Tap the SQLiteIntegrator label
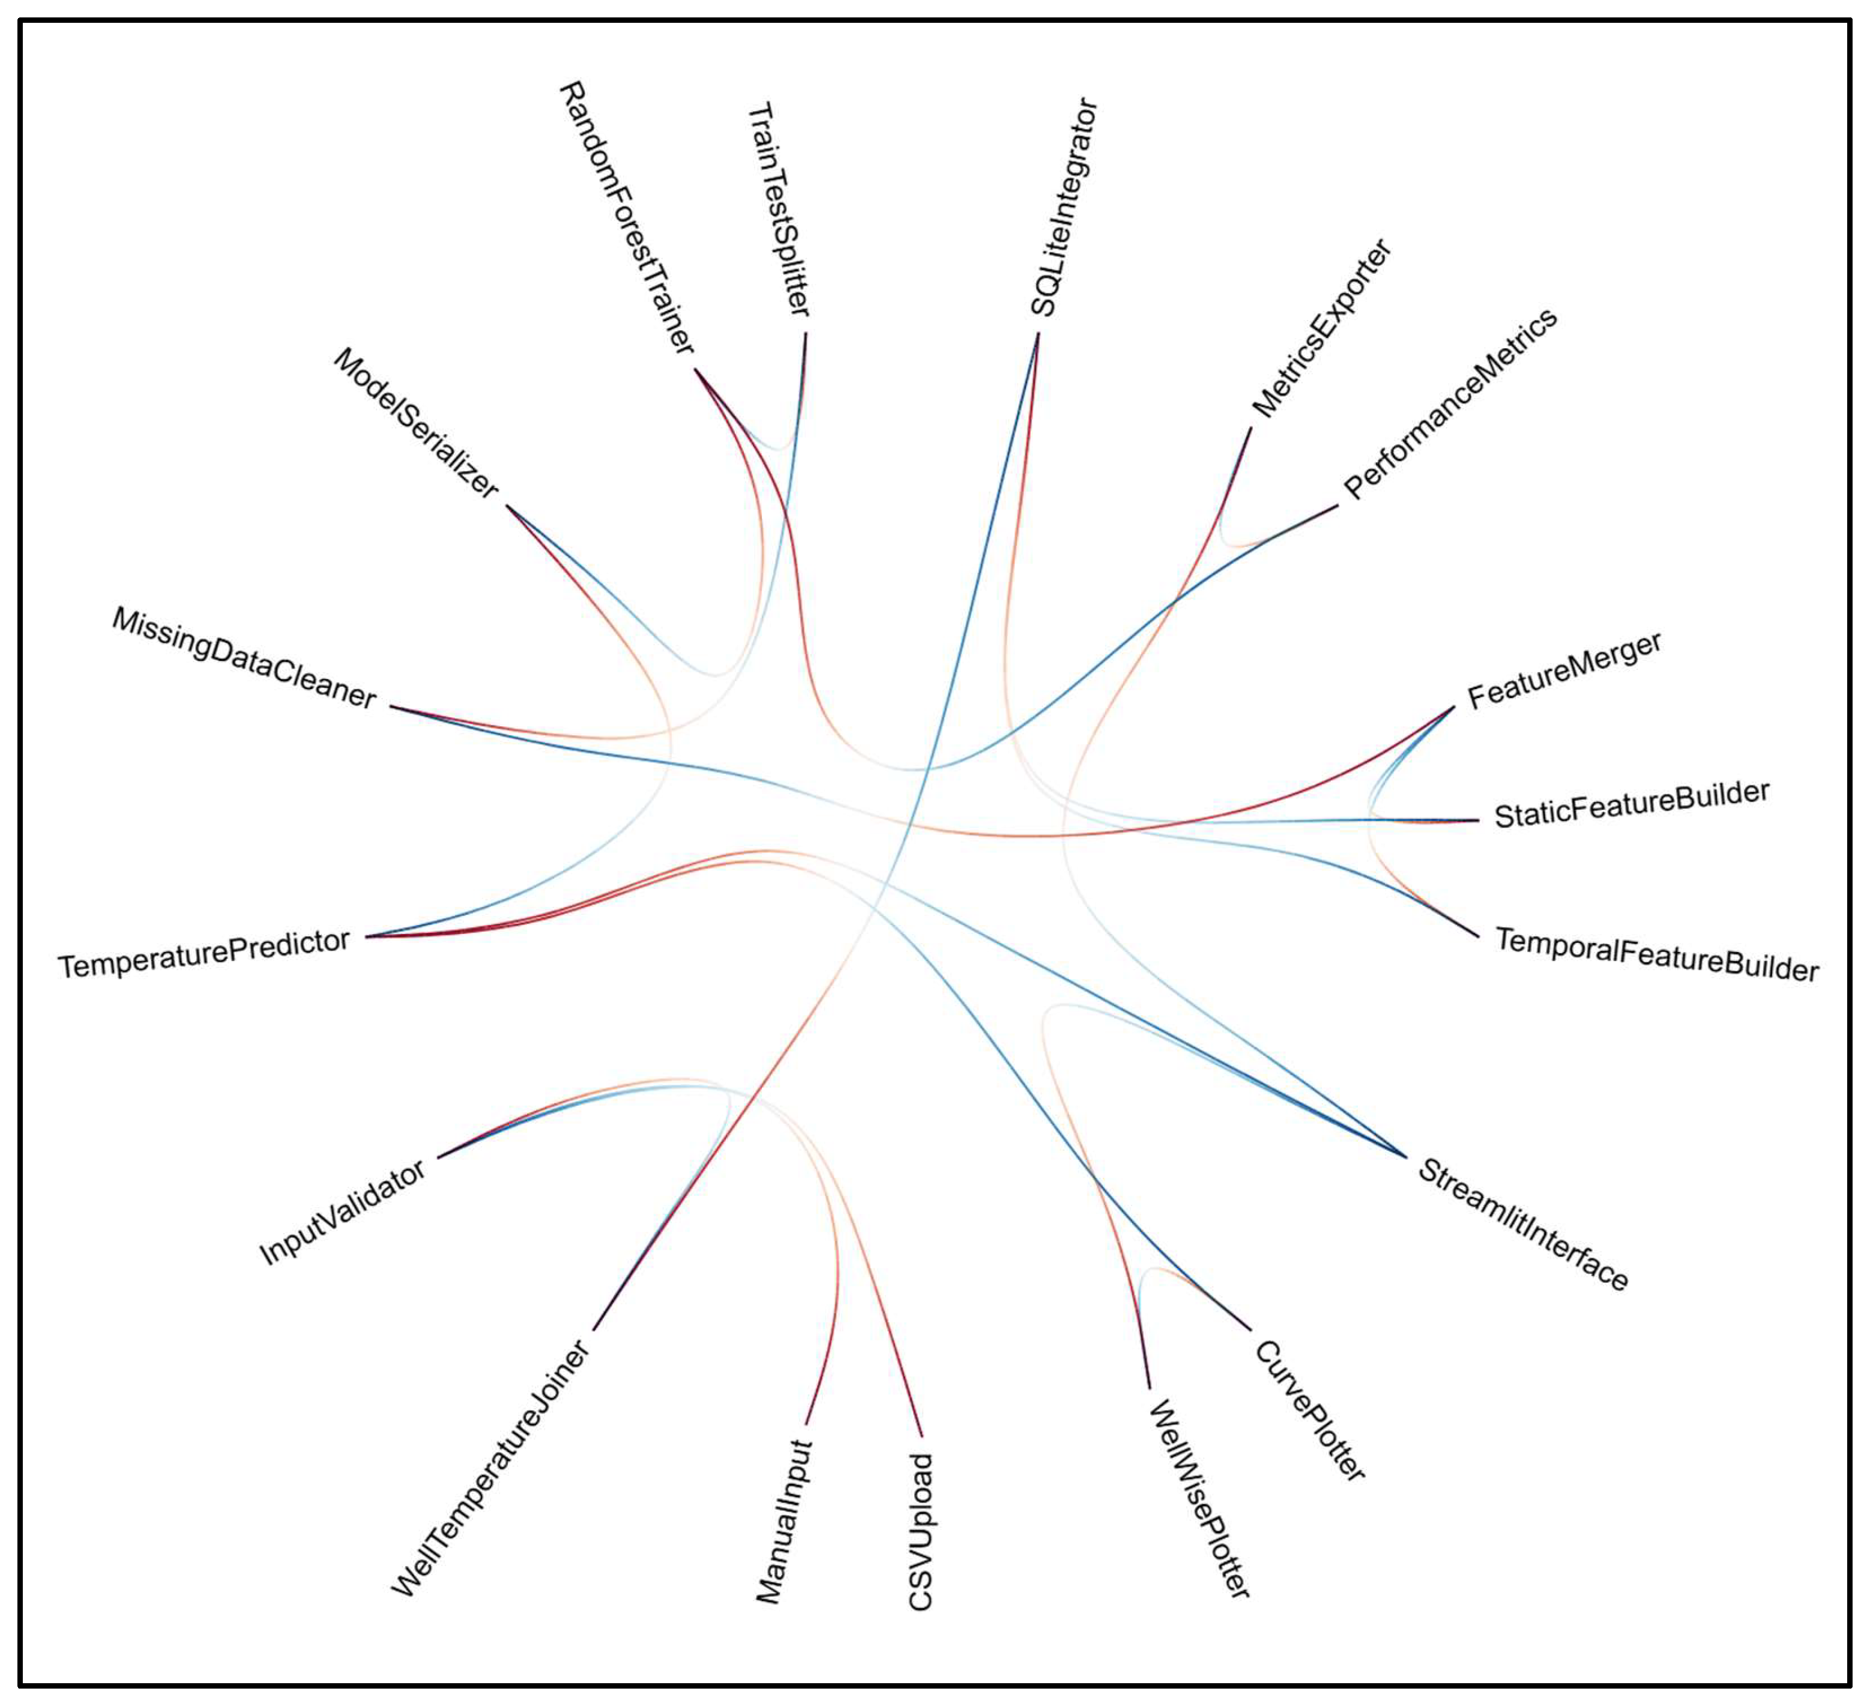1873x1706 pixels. [1065, 207]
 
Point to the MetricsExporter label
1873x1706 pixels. [1321, 328]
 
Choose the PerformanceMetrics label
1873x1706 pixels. [1450, 403]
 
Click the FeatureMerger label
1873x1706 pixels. [1564, 671]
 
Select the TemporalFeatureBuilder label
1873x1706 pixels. [1656, 954]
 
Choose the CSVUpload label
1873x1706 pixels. [920, 1531]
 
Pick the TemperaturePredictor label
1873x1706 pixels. [204, 953]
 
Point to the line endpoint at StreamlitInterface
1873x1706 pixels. [1407, 1157]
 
